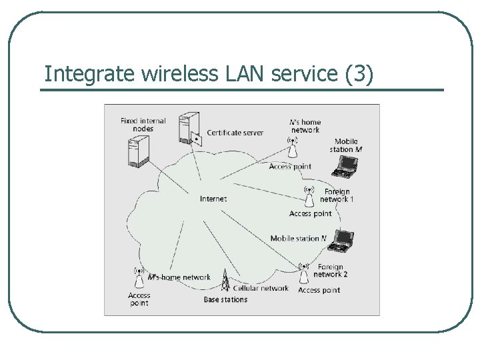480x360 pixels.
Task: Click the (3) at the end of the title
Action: point(360,75)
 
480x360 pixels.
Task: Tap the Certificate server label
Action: point(235,133)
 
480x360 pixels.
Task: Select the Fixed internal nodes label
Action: point(143,125)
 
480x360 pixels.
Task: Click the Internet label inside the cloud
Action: point(213,199)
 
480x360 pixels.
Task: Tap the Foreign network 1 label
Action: point(337,195)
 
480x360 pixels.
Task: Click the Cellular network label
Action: point(261,288)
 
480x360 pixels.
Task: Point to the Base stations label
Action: point(225,300)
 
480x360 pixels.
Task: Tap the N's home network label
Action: point(305,126)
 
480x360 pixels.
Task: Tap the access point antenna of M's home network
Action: point(139,277)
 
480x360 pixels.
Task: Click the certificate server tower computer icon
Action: point(189,129)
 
